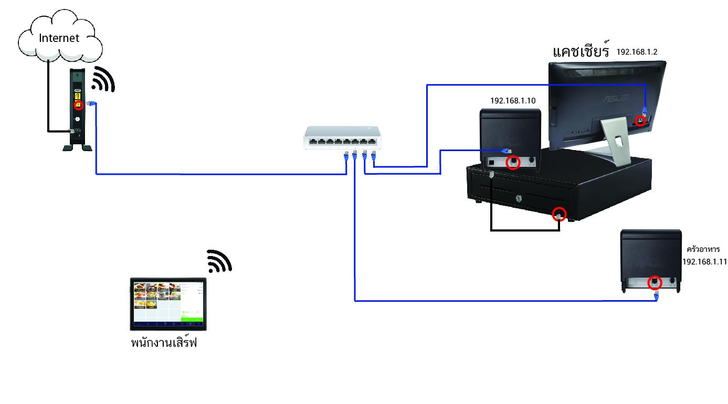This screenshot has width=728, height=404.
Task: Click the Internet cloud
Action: click(x=60, y=38)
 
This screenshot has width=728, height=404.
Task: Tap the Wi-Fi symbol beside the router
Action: click(x=103, y=80)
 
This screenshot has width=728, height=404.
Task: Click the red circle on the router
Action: click(x=78, y=105)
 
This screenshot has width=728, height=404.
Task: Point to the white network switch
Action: click(x=341, y=138)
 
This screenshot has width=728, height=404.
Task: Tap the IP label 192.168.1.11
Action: click(x=704, y=261)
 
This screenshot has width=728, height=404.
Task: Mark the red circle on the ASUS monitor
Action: click(x=640, y=120)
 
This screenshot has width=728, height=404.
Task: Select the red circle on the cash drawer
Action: click(x=560, y=214)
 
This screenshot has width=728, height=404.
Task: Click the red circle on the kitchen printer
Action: click(x=655, y=282)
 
